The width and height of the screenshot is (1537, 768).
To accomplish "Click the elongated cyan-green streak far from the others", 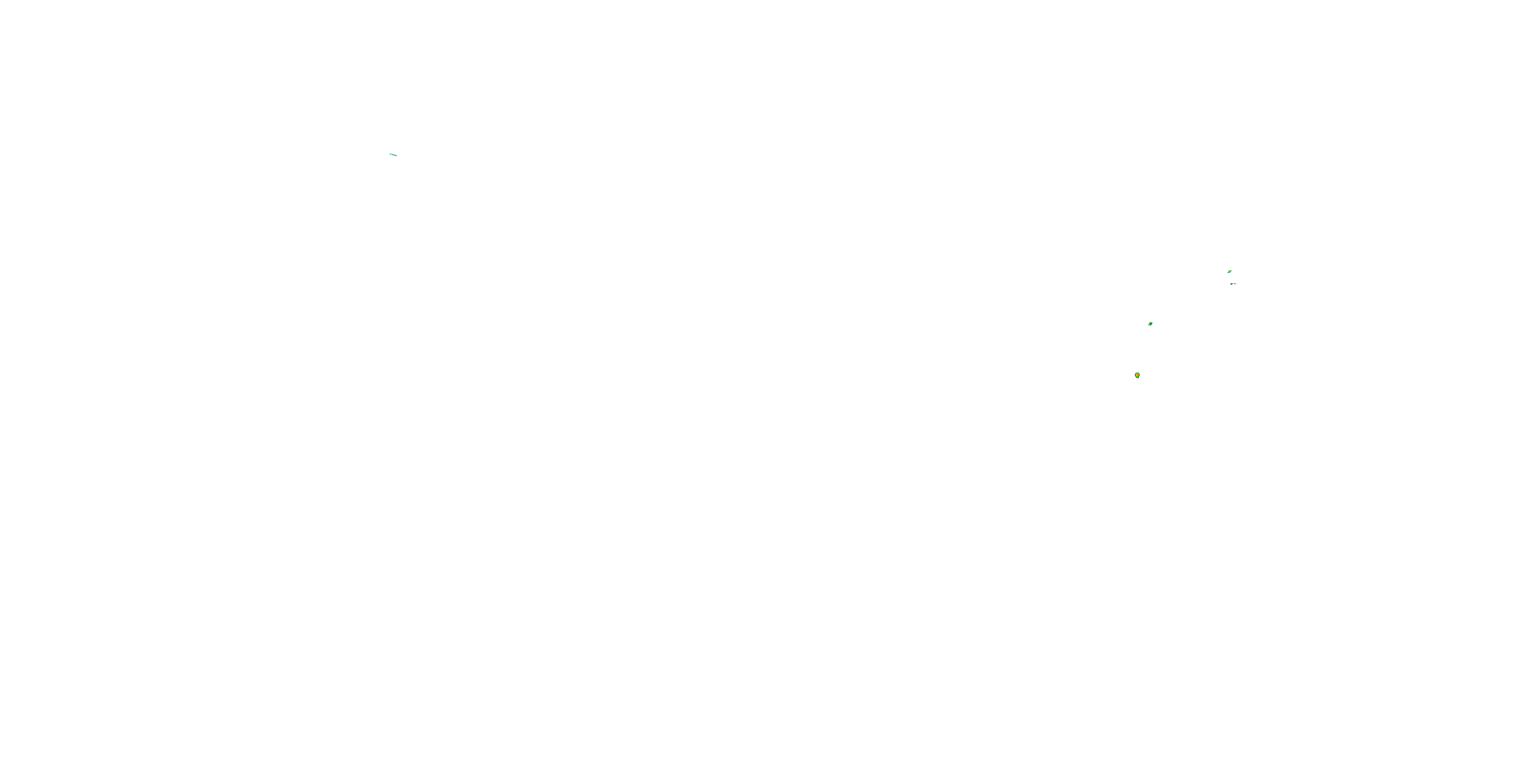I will pos(393,155).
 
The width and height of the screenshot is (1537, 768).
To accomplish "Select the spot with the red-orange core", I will pos(1137,375).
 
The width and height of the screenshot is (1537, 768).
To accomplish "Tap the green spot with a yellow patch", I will pos(1150,324).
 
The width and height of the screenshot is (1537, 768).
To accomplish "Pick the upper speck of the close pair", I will pos(1229,272).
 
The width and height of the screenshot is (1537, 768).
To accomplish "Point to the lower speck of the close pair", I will pos(1233,284).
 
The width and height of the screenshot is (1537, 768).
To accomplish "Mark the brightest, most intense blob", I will pos(1137,375).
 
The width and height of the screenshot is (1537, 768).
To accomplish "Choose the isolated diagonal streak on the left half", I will pos(393,155).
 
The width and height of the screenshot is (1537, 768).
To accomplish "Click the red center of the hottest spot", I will pos(1137,375).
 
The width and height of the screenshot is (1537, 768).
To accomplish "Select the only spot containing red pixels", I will pos(1137,375).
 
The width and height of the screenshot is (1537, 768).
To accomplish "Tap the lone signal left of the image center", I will pos(393,155).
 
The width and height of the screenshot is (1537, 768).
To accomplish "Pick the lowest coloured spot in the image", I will pos(1137,375).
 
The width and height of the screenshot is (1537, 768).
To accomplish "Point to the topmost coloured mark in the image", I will pos(393,155).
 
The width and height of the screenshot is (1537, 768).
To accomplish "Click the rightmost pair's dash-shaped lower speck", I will pos(1233,284).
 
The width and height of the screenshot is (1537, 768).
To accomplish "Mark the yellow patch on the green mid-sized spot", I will pos(1150,324).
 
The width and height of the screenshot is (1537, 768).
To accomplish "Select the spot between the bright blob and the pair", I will pos(1150,324).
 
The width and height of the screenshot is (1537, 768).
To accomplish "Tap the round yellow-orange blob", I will pos(1137,375).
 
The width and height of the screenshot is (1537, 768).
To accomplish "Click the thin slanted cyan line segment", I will pos(393,155).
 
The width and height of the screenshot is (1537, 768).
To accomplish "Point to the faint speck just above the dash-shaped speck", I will pos(1229,272).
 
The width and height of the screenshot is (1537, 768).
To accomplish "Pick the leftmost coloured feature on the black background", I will pos(393,155).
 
